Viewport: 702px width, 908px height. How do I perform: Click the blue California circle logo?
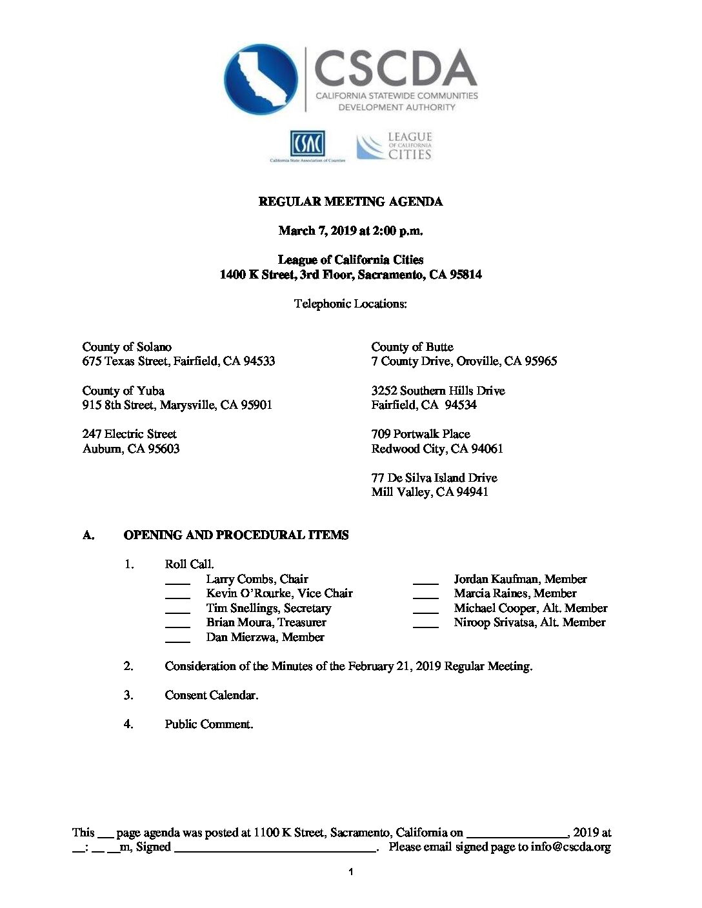[x=261, y=79]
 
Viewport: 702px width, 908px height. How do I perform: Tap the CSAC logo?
[x=307, y=145]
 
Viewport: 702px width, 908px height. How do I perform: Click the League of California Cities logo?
[x=394, y=146]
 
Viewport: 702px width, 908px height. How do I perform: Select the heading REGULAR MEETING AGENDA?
[x=350, y=202]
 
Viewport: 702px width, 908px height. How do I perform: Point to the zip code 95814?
[x=465, y=275]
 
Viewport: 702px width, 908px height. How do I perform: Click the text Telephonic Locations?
[x=350, y=304]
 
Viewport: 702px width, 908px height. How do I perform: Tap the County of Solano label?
[x=127, y=347]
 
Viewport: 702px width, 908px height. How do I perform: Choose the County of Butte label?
[x=412, y=347]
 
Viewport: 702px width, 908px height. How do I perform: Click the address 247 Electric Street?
[x=129, y=434]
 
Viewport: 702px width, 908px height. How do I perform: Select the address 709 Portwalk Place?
[x=421, y=434]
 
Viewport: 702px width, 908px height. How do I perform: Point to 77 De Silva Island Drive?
[x=434, y=478]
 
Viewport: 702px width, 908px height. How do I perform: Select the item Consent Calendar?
[x=212, y=695]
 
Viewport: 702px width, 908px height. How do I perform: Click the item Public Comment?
[x=209, y=724]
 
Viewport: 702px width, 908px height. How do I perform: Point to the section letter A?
[x=88, y=535]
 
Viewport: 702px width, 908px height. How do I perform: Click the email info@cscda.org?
[x=570, y=847]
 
